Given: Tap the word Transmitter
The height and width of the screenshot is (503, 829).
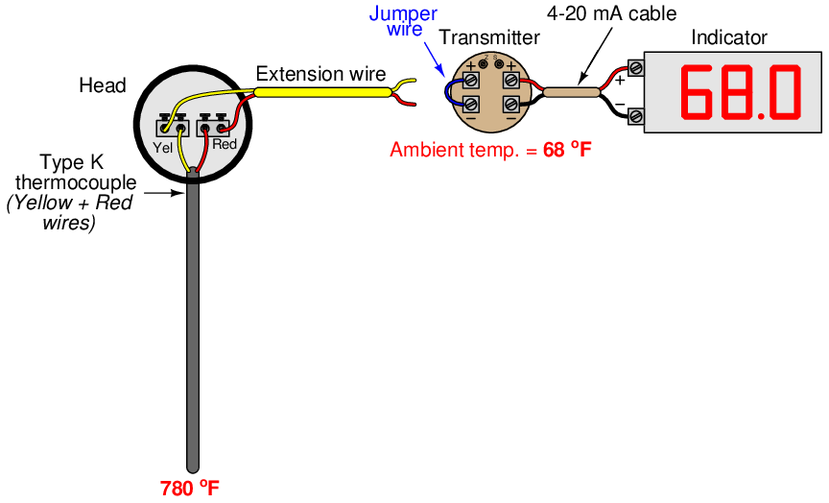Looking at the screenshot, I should click(x=488, y=37).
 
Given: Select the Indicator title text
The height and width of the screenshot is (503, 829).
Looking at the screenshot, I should click(x=729, y=37).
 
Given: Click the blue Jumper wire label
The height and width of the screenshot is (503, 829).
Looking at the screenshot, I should click(x=403, y=21).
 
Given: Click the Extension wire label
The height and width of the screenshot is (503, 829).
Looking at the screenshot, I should click(x=320, y=74).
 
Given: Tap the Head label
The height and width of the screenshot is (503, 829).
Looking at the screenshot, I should click(x=102, y=85).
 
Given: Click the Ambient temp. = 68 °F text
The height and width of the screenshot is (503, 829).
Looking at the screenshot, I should click(x=489, y=150).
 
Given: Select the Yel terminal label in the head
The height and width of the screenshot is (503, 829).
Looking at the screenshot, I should click(x=163, y=146).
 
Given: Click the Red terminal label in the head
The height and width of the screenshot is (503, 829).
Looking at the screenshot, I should click(x=224, y=145).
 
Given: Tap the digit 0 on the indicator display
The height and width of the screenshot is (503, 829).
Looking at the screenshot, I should click(x=784, y=92).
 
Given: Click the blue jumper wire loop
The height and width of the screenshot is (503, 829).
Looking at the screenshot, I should click(x=447, y=91).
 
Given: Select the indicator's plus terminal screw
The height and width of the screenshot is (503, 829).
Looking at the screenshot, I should click(x=636, y=68).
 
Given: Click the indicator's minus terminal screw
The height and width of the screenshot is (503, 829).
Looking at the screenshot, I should click(x=636, y=116).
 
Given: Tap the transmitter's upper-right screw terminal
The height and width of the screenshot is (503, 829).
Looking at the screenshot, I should click(x=510, y=80).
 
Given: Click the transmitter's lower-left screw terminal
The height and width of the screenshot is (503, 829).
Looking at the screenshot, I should click(x=471, y=103).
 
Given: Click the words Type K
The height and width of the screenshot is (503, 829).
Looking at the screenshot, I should click(x=72, y=162).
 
